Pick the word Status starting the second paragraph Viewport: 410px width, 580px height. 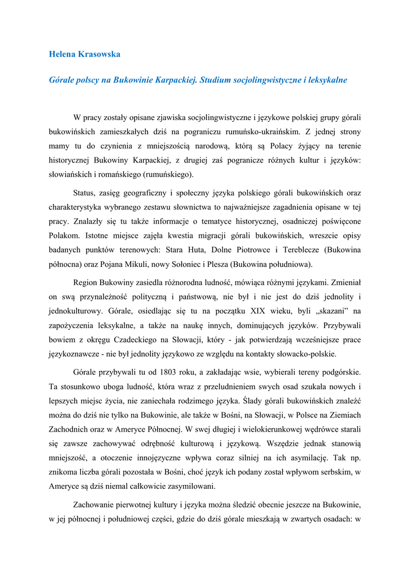click(x=85, y=193)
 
